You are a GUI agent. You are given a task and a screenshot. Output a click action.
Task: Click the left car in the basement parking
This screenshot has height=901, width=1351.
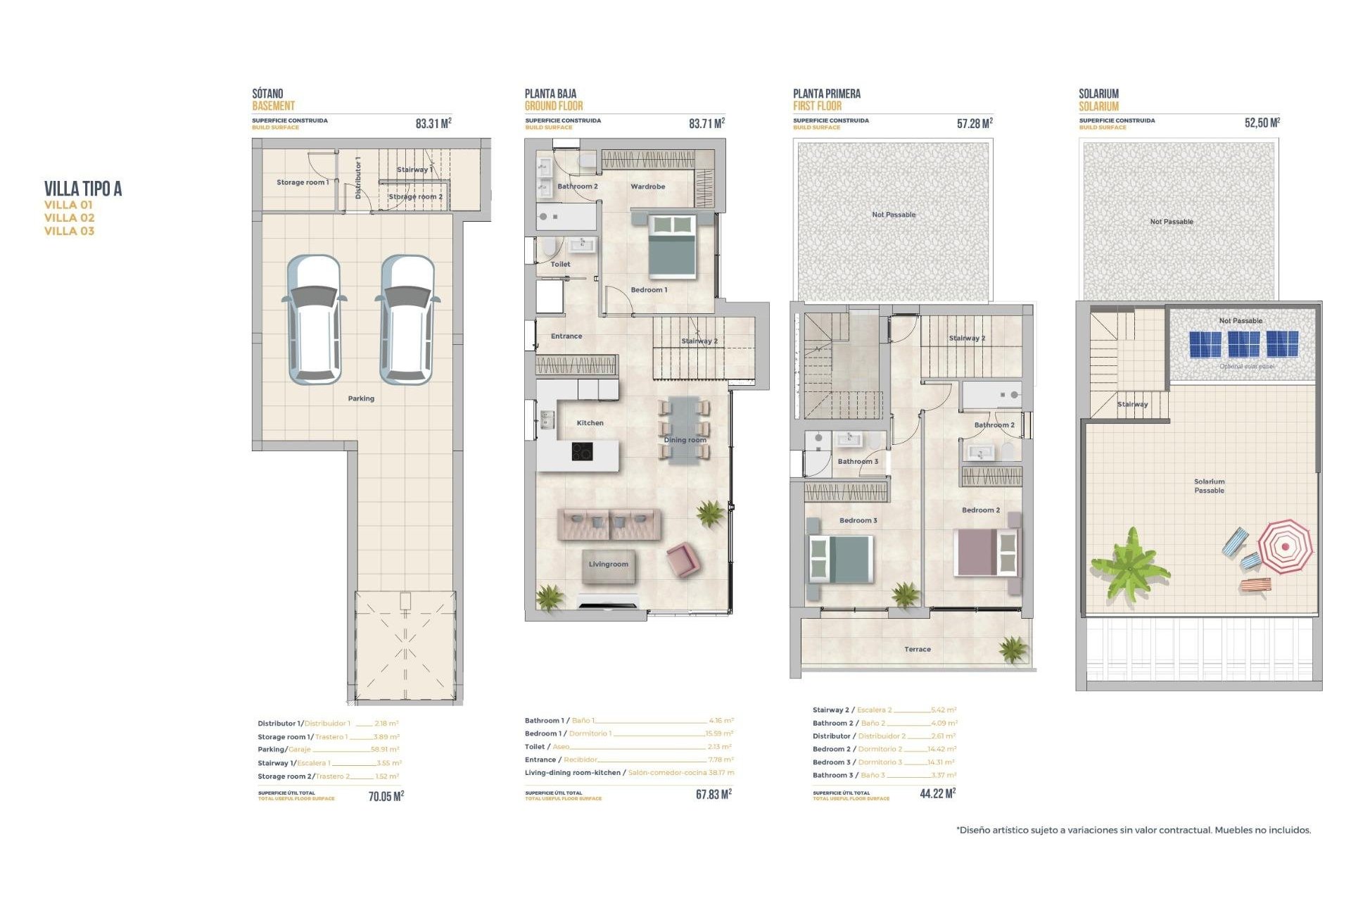pyautogui.click(x=314, y=320)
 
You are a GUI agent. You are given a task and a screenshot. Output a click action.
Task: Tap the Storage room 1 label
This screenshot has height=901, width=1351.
pyautogui.click(x=302, y=182)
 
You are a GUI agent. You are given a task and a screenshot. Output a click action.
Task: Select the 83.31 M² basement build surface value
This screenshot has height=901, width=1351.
pyautogui.click(x=433, y=123)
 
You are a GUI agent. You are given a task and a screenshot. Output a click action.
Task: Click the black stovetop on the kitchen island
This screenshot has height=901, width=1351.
pyautogui.click(x=582, y=451)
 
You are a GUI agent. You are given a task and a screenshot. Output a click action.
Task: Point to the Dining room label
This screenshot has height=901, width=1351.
pyautogui.click(x=685, y=440)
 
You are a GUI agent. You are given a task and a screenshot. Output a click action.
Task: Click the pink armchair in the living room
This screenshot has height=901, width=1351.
pyautogui.click(x=683, y=560)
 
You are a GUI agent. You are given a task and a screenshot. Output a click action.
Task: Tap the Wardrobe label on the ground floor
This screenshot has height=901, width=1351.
pyautogui.click(x=647, y=187)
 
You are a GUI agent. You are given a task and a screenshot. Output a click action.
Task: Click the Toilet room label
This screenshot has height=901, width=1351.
pyautogui.click(x=560, y=264)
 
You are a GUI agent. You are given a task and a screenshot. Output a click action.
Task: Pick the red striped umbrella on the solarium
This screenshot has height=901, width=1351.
pyautogui.click(x=1284, y=546)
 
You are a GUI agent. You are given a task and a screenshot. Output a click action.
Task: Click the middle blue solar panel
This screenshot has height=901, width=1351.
pyautogui.click(x=1243, y=344)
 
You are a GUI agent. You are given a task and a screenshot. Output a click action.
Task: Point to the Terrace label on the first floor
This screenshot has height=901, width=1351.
pyautogui.click(x=917, y=649)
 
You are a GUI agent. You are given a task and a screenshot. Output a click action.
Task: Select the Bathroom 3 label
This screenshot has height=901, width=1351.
pyautogui.click(x=857, y=462)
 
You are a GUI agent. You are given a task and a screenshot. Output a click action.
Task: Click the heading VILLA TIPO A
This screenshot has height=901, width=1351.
pyautogui.click(x=83, y=189)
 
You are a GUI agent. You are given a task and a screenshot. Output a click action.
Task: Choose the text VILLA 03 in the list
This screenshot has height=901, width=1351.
pyautogui.click(x=69, y=231)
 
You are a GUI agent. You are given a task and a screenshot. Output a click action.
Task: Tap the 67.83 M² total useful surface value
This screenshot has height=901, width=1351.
pyautogui.click(x=713, y=794)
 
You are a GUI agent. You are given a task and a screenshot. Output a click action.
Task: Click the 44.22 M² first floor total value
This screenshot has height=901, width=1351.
pyautogui.click(x=937, y=793)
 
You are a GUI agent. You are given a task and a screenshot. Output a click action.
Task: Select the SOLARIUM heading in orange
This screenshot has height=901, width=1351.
pyautogui.click(x=1098, y=106)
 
